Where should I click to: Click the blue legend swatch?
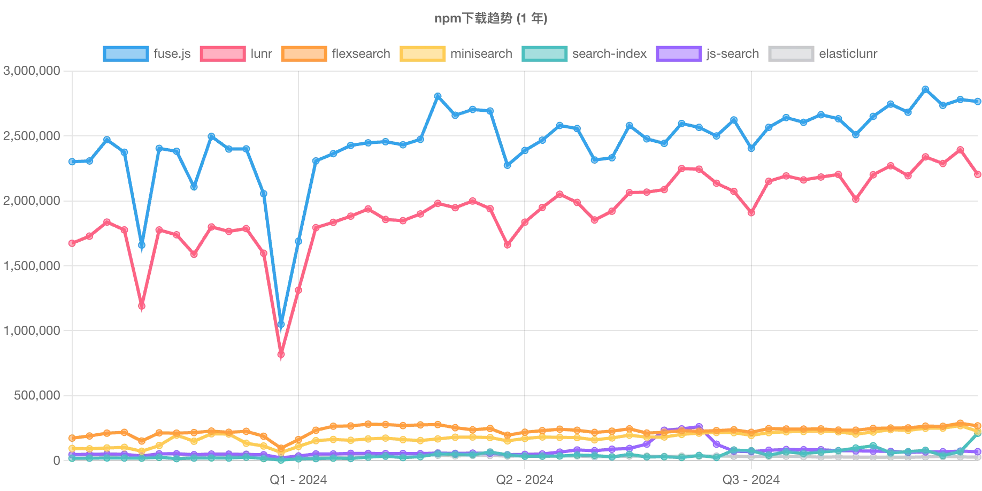pyautogui.click(x=126, y=54)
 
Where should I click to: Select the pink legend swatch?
pyautogui.click(x=223, y=54)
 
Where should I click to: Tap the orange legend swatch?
pyautogui.click(x=303, y=54)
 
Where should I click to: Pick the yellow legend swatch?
pyautogui.click(x=423, y=54)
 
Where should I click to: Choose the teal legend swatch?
pyautogui.click(x=543, y=54)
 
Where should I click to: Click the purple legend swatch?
pyautogui.click(x=679, y=54)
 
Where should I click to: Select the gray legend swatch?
pyautogui.click(x=792, y=54)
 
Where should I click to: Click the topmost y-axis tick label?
pyautogui.click(x=31, y=71)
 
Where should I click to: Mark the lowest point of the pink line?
pyautogui.click(x=282, y=355)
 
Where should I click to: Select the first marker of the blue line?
pyautogui.click(x=72, y=161)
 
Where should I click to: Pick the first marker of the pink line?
pyautogui.click(x=72, y=243)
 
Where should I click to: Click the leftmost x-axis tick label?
pyautogui.click(x=299, y=479)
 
